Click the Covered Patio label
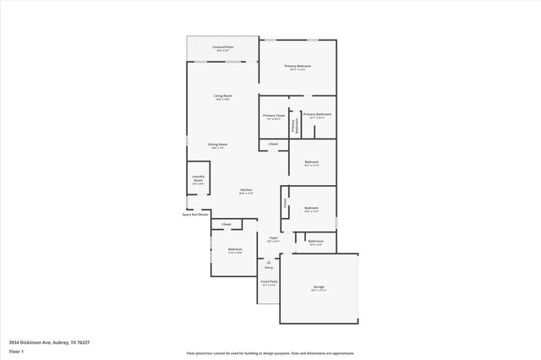click(x=223, y=47)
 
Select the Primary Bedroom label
click(x=298, y=66)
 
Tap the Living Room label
click(x=223, y=96)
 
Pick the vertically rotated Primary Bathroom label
click(x=294, y=125)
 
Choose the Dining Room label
click(x=218, y=145)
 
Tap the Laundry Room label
click(x=198, y=178)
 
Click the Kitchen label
click(x=246, y=190)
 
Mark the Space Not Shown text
click(x=194, y=215)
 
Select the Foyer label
click(x=274, y=238)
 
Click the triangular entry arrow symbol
click(x=269, y=262)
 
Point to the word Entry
click(x=269, y=268)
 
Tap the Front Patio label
click(x=269, y=283)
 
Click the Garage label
click(x=319, y=287)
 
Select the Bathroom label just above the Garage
click(x=315, y=242)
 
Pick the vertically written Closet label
click(x=286, y=202)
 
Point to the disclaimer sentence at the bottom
click(x=270, y=353)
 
